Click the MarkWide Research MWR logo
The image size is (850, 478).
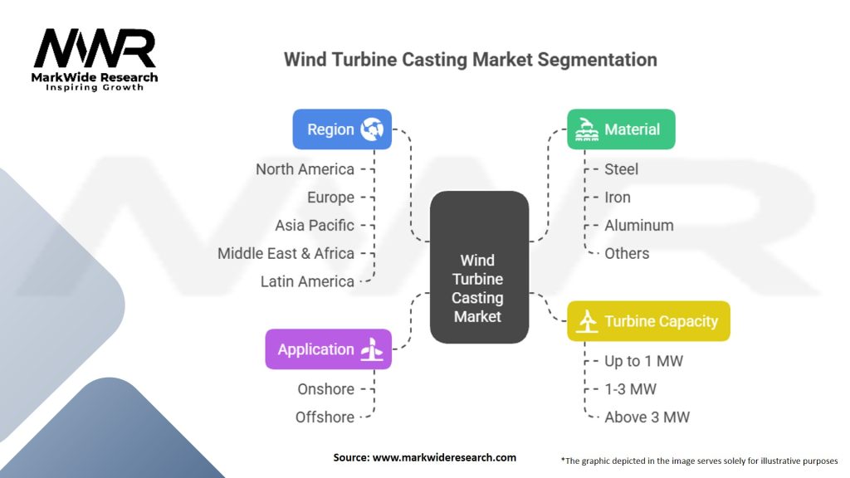(95, 60)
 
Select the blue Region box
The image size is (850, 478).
(342, 129)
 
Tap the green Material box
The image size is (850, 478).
(621, 129)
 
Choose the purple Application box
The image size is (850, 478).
(329, 349)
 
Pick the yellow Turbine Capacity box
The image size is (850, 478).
(648, 321)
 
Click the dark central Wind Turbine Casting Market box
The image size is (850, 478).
(479, 267)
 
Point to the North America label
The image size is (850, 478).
(305, 169)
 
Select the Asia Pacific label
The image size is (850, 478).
(315, 226)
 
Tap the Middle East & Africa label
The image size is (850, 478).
(286, 254)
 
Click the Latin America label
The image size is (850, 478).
(307, 282)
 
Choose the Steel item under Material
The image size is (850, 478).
(621, 169)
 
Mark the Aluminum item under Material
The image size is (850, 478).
(639, 226)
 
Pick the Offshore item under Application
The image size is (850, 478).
(325, 417)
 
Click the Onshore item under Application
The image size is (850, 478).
(325, 389)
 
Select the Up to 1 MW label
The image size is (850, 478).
(644, 361)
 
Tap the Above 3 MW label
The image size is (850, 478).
(647, 417)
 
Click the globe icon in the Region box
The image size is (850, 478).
(372, 129)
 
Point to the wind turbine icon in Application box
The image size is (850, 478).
(372, 349)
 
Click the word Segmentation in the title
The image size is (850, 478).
(598, 60)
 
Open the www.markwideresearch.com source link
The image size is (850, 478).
(444, 457)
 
